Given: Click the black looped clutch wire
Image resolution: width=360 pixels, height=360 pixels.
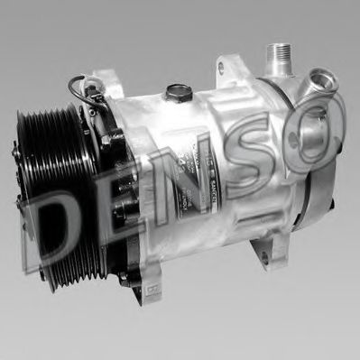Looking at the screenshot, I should (76, 90).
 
